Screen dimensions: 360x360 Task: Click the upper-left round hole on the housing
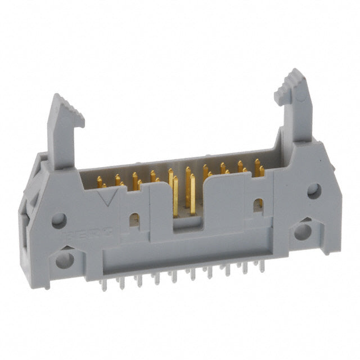[59, 220]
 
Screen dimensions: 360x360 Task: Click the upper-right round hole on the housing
[314, 191]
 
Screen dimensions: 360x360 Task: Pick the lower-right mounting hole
[303, 231]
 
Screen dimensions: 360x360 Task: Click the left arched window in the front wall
[134, 219]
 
